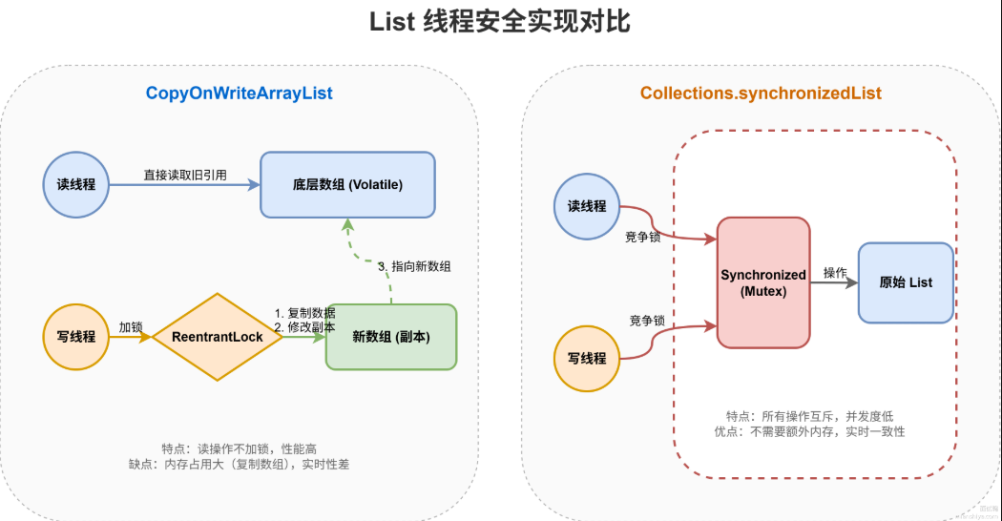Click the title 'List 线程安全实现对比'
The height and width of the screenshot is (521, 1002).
tap(500, 22)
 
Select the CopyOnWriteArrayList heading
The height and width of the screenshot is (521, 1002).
tap(239, 94)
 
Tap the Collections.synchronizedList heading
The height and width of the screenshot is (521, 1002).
tap(761, 94)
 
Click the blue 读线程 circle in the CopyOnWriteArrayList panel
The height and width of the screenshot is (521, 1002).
tap(77, 184)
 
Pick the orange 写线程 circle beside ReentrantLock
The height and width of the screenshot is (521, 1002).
tap(77, 336)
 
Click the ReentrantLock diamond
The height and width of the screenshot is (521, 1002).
tap(218, 337)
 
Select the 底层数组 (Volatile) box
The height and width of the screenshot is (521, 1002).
tap(347, 184)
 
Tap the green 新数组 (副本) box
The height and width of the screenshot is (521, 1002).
tap(391, 336)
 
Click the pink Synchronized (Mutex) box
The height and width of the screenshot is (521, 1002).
tap(763, 282)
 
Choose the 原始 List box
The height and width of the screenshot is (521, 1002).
tap(906, 282)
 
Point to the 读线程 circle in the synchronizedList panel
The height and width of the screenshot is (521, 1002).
tap(587, 205)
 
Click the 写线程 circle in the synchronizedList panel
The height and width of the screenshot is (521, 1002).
tap(587, 358)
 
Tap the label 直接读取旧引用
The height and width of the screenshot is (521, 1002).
tap(185, 175)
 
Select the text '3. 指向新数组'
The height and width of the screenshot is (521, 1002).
tap(414, 266)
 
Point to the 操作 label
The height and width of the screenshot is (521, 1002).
tap(835, 273)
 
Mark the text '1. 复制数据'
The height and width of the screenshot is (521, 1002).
tap(304, 313)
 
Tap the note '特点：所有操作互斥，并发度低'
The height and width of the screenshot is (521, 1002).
tap(808, 416)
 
